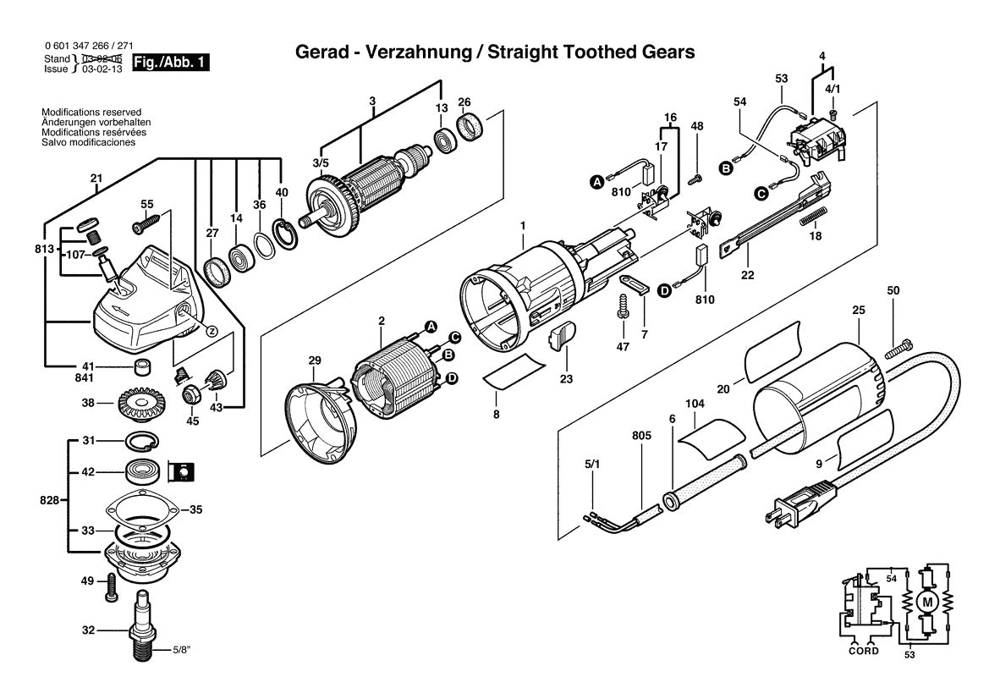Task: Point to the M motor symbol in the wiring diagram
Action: point(926,601)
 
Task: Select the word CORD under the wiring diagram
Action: point(863,651)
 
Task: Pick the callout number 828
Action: point(49,500)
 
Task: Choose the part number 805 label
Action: point(640,436)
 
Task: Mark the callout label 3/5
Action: point(321,162)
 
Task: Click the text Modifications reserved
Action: point(91,112)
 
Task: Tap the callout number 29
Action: point(314,361)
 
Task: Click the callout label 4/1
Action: point(832,88)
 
